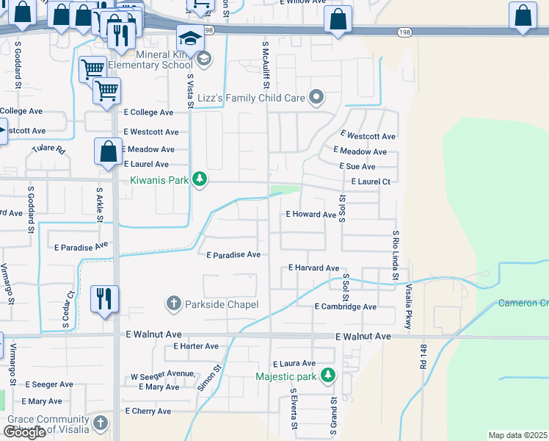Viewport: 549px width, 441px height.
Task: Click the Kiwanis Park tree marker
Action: [199, 180]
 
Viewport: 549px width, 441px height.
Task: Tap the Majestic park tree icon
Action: [328, 376]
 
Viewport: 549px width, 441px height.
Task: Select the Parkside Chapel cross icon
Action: [174, 303]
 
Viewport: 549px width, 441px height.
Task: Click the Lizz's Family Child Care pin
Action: [316, 97]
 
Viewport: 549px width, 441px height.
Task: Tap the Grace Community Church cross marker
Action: [101, 423]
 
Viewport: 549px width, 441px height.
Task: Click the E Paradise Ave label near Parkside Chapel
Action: [233, 255]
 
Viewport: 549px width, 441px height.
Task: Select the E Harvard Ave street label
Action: [313, 268]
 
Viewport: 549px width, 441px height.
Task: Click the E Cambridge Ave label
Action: [345, 306]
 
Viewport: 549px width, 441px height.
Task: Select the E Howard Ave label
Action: [310, 214]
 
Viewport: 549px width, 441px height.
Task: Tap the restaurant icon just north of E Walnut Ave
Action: [103, 298]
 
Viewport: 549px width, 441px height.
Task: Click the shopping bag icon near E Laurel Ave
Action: [108, 151]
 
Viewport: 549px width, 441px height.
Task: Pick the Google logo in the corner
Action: [24, 432]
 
